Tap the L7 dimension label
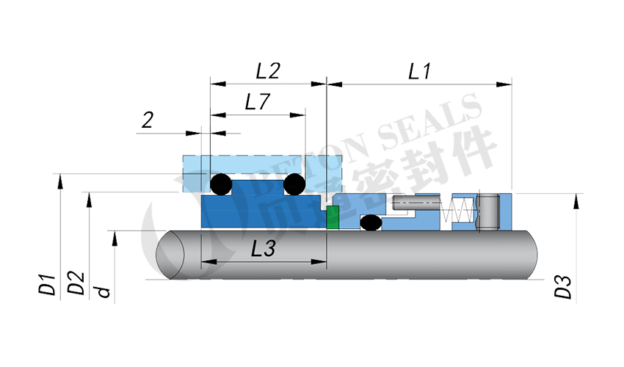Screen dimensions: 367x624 (x=257, y=103)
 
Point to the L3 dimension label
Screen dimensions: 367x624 (x=263, y=250)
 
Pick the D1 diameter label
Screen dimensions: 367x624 (x=48, y=285)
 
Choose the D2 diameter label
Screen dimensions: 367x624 (x=76, y=285)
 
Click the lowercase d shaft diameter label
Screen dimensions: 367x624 (x=104, y=291)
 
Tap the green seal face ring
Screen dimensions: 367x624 (x=332, y=218)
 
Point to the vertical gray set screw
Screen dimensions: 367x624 (x=488, y=213)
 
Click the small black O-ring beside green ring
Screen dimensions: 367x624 (x=370, y=222)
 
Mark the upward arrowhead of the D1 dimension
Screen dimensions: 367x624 (x=59, y=179)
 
